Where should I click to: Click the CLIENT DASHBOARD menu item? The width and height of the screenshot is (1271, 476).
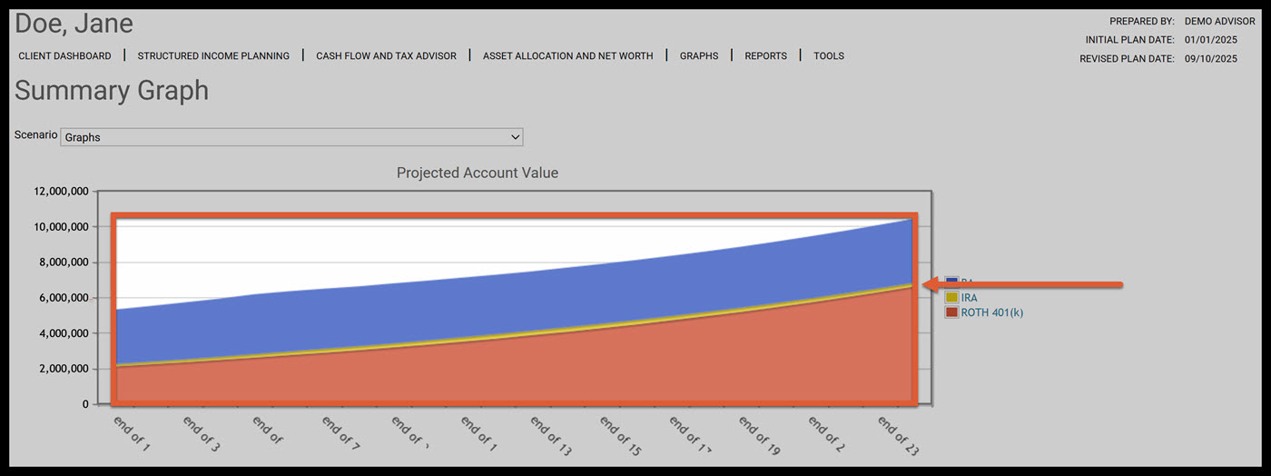(64, 56)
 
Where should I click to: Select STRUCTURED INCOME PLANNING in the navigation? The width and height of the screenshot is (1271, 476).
(213, 56)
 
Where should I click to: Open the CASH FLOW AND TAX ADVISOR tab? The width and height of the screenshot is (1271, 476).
(386, 56)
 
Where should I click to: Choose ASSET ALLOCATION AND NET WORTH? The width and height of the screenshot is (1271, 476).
(567, 56)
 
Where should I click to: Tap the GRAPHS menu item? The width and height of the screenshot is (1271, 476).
(699, 56)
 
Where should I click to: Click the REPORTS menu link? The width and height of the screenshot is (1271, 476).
(765, 56)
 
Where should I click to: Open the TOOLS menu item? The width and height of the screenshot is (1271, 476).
(829, 56)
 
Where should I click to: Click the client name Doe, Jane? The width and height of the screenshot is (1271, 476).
(74, 24)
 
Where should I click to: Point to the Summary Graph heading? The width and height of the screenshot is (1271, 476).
(112, 91)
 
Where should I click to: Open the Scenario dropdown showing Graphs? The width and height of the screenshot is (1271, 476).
(291, 137)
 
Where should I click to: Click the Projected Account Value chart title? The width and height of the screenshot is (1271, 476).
(478, 173)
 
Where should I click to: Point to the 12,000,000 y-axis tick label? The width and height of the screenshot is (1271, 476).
(60, 192)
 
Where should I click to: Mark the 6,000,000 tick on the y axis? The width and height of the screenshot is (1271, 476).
(64, 298)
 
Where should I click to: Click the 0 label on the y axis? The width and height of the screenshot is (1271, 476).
(86, 404)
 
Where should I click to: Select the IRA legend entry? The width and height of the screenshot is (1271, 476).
(969, 298)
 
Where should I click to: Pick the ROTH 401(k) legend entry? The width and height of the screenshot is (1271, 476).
(991, 312)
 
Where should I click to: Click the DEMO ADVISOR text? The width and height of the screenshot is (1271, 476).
(1219, 22)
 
